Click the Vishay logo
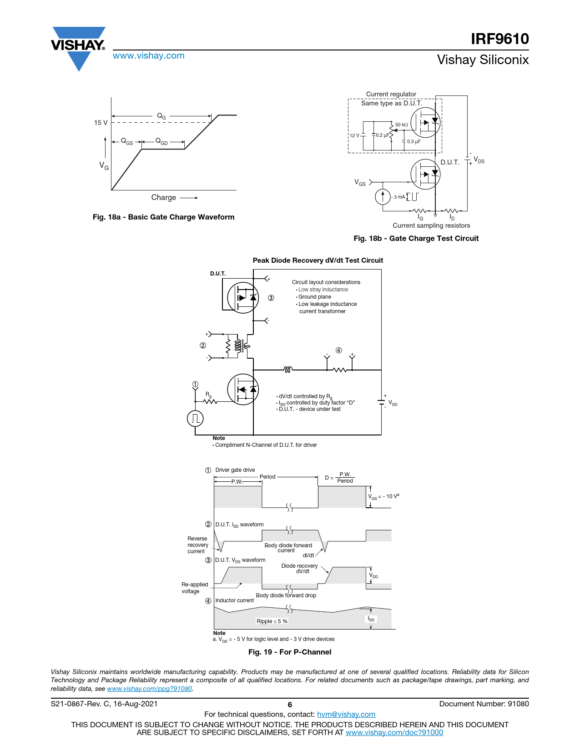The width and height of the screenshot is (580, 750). [78, 47]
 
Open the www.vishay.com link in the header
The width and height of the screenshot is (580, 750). [149, 56]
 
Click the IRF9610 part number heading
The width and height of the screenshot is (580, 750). [499, 39]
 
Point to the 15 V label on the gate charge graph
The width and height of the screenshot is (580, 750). [101, 123]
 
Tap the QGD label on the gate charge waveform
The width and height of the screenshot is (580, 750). [161, 141]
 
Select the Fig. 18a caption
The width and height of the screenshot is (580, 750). [163, 217]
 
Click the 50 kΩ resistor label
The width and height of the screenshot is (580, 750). [401, 125]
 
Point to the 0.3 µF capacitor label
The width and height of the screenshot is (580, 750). [414, 142]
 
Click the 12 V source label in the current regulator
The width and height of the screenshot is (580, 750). [354, 135]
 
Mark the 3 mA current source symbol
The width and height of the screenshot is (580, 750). [383, 197]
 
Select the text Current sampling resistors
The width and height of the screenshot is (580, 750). [431, 225]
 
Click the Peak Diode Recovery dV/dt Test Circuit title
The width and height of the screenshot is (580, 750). [318, 260]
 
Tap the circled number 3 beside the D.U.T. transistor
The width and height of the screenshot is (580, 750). [271, 298]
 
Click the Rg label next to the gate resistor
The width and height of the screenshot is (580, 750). [208, 395]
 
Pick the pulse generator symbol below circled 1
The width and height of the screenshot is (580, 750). [195, 418]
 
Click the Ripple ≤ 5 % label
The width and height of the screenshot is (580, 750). [272, 621]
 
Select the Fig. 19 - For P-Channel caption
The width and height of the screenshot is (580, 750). [289, 652]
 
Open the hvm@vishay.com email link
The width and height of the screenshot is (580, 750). [346, 715]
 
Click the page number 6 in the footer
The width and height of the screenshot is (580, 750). [290, 705]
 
